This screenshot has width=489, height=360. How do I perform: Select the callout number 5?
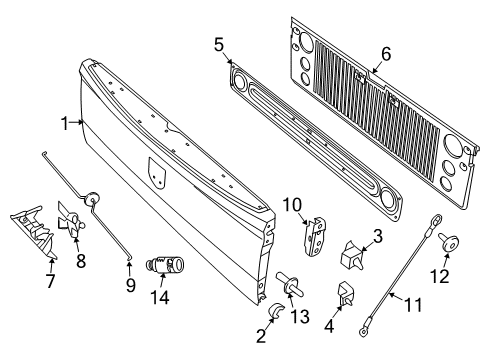[219, 44]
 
